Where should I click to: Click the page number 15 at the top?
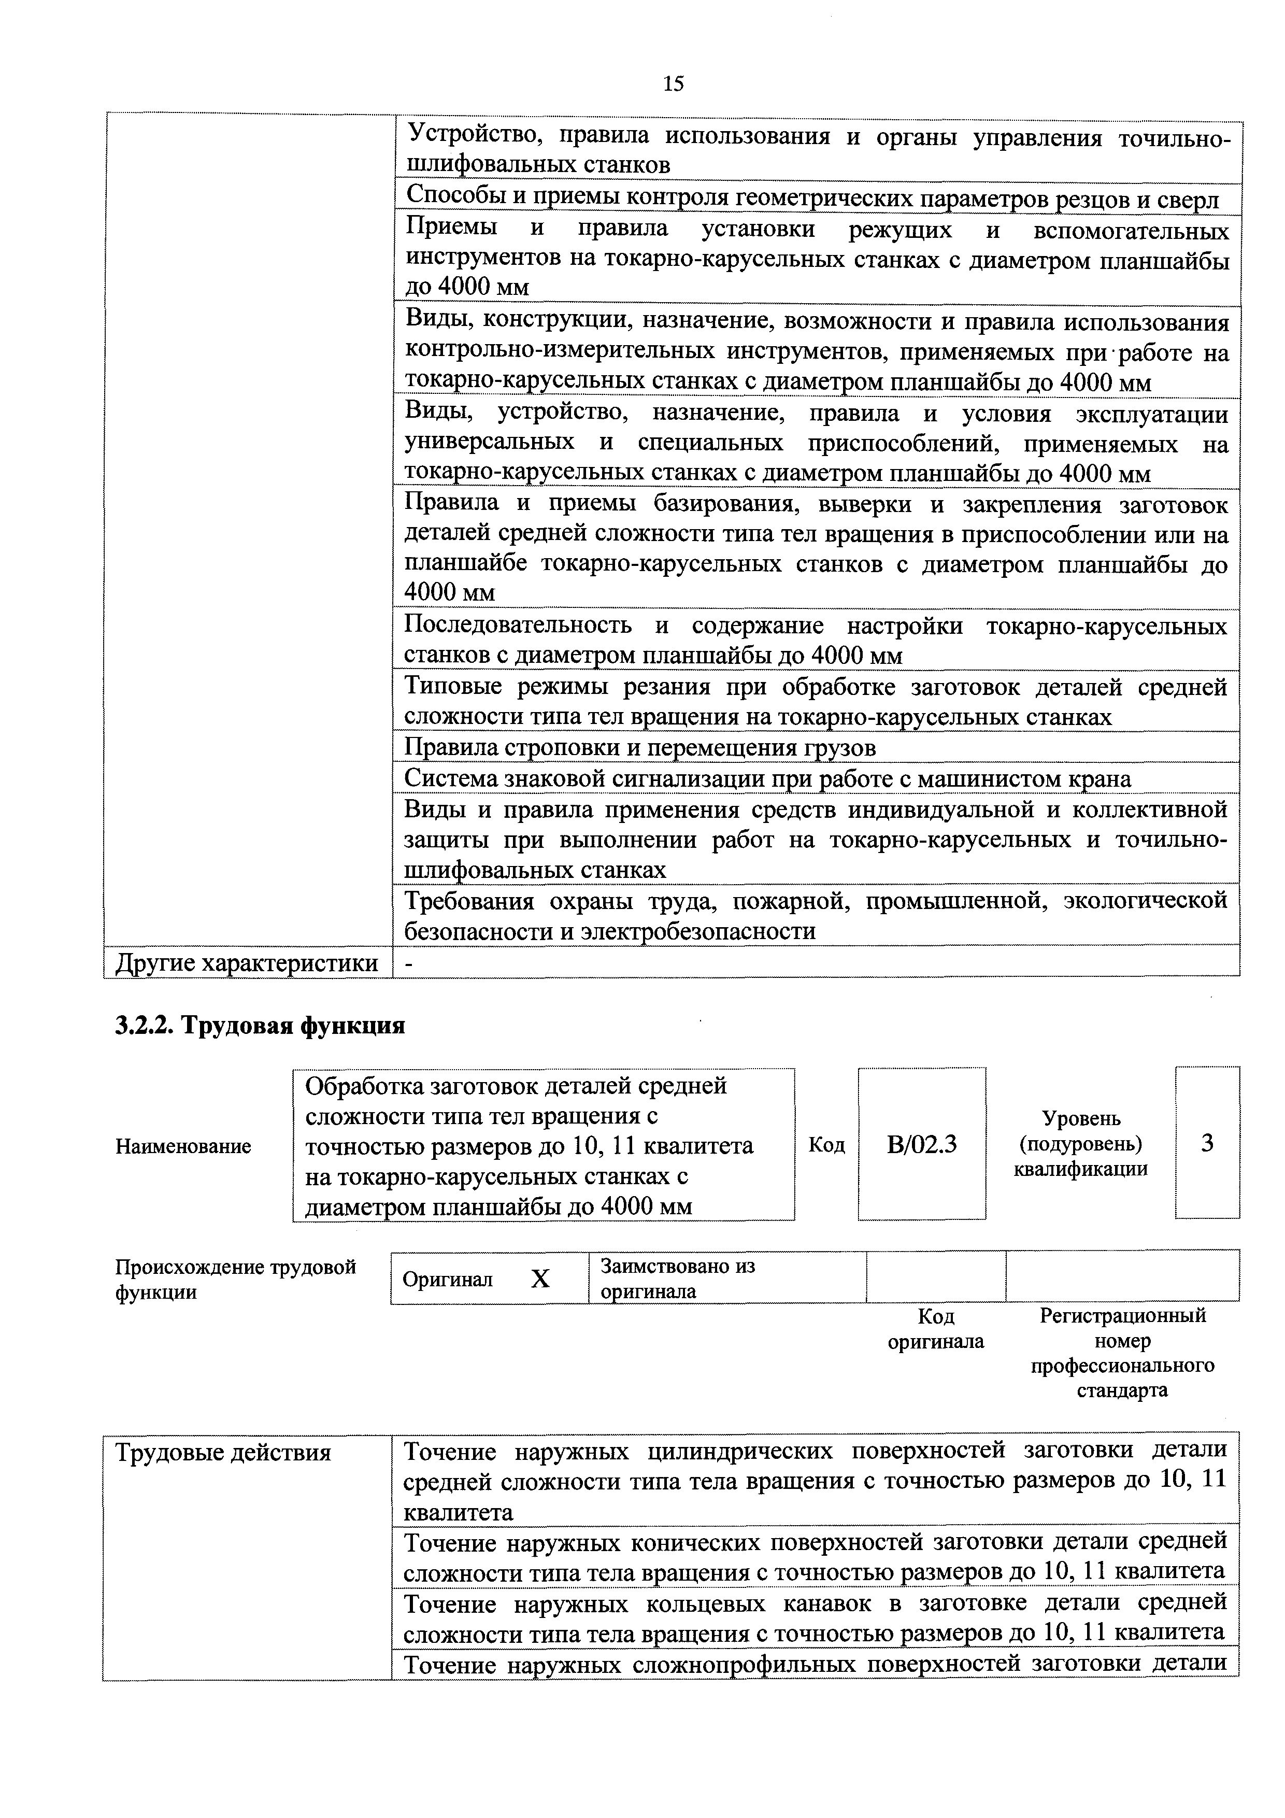click(x=673, y=84)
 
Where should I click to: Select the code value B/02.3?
click(x=922, y=1144)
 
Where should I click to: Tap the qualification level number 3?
click(x=1207, y=1143)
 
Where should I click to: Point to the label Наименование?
click(x=184, y=1146)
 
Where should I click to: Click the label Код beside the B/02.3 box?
click(x=826, y=1145)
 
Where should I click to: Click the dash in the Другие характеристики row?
click(x=408, y=963)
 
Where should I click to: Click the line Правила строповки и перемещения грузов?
click(x=640, y=747)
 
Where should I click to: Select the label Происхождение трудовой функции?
click(x=236, y=1279)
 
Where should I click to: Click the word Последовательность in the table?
click(x=518, y=626)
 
